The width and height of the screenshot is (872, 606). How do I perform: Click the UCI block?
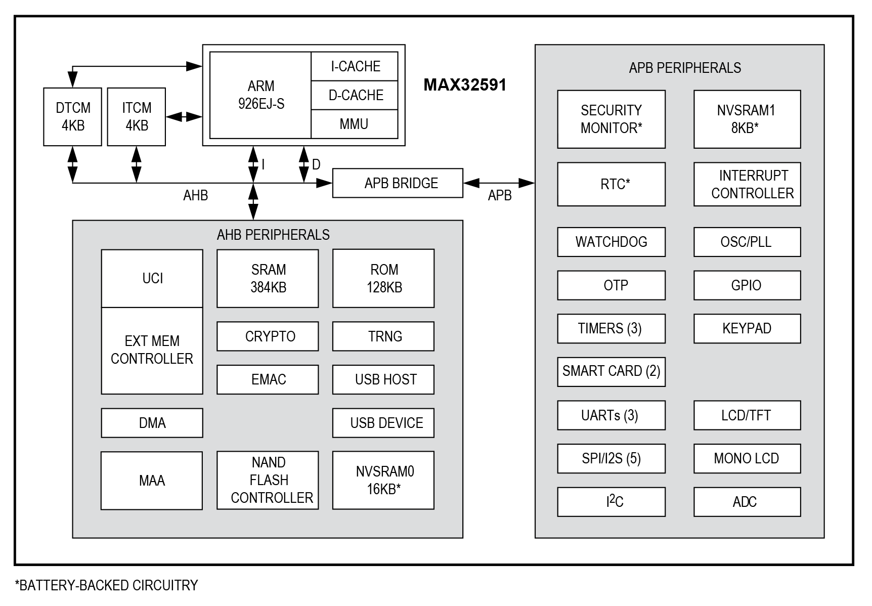click(152, 278)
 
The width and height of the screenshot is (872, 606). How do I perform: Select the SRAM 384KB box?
click(268, 278)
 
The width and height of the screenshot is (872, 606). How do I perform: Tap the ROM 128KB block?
click(383, 278)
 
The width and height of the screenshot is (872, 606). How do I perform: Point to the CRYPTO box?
click(268, 336)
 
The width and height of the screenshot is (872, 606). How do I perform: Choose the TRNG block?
click(383, 336)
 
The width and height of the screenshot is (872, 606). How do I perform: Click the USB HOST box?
click(383, 379)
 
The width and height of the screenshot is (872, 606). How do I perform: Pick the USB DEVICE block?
click(383, 423)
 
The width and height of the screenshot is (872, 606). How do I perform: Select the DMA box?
click(152, 423)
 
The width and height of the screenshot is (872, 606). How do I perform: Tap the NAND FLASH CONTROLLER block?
click(268, 480)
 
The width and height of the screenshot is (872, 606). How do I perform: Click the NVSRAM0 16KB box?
click(383, 480)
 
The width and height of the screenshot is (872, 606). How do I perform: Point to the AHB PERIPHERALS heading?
click(273, 235)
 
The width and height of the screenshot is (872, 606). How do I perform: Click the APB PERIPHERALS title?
click(685, 68)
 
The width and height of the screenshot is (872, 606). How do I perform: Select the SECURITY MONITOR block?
click(611, 119)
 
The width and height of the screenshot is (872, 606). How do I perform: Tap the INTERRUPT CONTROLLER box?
click(747, 184)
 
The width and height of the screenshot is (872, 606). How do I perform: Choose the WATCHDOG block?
click(611, 242)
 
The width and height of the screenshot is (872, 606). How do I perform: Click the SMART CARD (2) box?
click(611, 372)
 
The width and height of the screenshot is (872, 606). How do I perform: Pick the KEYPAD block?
click(747, 328)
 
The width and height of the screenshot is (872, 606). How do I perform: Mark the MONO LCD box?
click(747, 458)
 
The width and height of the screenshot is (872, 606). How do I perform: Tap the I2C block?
click(611, 502)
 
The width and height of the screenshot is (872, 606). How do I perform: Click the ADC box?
click(747, 502)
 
